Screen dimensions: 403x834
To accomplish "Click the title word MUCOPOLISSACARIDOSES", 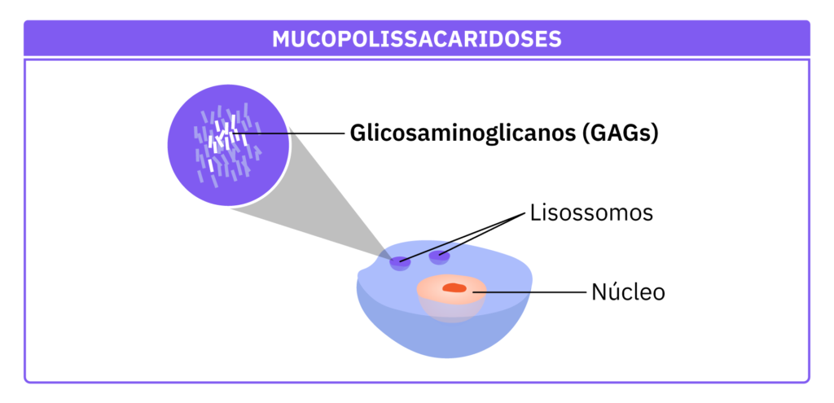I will [416, 39].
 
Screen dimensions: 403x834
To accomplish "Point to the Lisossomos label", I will [591, 214].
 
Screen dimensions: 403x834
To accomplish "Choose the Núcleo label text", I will [628, 291].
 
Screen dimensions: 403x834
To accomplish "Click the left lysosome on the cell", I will [400, 262].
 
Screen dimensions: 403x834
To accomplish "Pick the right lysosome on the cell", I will [440, 257].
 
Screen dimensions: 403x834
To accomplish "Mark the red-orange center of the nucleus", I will [454, 287].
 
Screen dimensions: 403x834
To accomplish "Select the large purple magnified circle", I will [195, 175].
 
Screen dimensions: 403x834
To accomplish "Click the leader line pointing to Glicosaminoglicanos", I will [293, 133].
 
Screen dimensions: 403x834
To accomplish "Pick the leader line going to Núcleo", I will [529, 291].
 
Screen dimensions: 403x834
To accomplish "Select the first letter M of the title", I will [280, 39].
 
